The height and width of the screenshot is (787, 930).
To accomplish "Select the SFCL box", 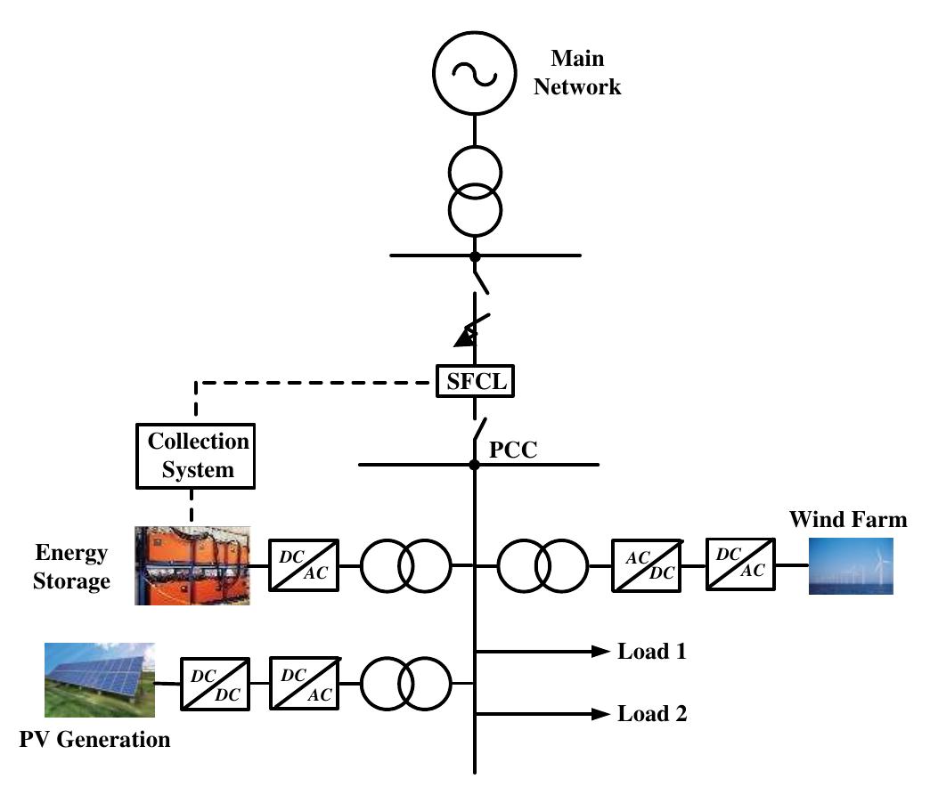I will tap(475, 383).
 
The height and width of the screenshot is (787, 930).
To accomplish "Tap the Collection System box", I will tap(197, 456).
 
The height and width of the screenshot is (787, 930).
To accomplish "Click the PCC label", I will tap(514, 449).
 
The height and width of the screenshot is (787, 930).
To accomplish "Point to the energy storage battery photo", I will tap(192, 565).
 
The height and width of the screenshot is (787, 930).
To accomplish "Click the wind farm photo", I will tap(850, 565).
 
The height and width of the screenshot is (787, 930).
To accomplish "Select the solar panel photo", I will tap(99, 681).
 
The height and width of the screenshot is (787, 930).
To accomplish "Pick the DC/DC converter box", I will tap(215, 684).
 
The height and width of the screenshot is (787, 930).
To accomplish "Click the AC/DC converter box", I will tap(646, 565).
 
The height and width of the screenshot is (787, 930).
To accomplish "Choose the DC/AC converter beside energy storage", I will tap(303, 565).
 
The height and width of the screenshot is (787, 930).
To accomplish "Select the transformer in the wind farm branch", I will tap(542, 565).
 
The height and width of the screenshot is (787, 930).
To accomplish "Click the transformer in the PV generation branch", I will tap(406, 684).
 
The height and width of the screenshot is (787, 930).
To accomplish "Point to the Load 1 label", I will tap(652, 652).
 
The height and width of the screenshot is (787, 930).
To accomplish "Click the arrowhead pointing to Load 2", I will tap(598, 713).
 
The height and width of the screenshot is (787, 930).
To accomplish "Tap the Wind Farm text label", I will tap(847, 519).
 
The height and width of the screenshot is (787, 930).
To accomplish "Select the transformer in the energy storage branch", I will tap(406, 565).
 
